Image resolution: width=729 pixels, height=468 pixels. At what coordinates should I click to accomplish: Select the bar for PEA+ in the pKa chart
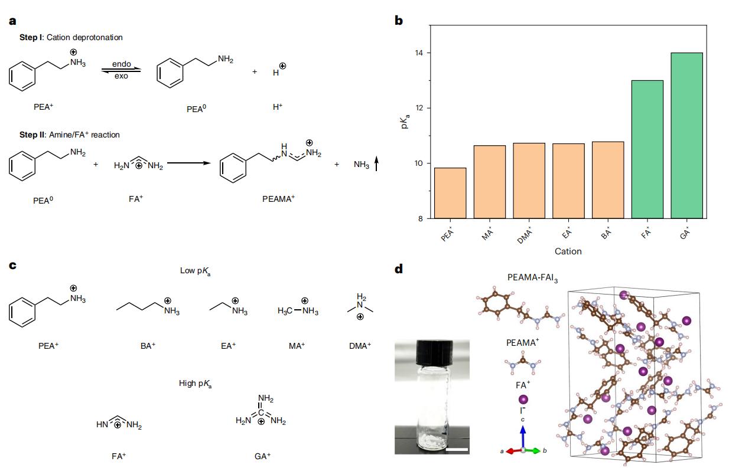pyautogui.click(x=450, y=193)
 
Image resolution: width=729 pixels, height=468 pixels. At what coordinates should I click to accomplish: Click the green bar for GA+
pyautogui.click(x=686, y=135)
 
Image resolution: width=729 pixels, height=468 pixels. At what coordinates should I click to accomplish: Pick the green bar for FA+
pyautogui.click(x=647, y=149)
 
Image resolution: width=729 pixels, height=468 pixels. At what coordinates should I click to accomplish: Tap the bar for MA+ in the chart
pyautogui.click(x=490, y=182)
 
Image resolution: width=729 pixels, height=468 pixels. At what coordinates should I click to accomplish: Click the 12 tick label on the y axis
pyautogui.click(x=419, y=108)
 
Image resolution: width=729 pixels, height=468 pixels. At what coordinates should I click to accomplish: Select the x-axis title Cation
pyautogui.click(x=568, y=251)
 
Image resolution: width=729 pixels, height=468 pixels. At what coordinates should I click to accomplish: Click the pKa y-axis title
pyautogui.click(x=405, y=122)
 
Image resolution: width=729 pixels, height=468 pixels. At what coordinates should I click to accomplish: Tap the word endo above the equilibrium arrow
pyautogui.click(x=121, y=64)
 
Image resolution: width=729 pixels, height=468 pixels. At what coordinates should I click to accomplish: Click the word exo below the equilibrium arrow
pyautogui.click(x=121, y=76)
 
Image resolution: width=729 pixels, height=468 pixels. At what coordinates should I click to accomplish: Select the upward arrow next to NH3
pyautogui.click(x=376, y=163)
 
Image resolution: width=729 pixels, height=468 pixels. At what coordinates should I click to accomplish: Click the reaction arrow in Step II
pyautogui.click(x=189, y=163)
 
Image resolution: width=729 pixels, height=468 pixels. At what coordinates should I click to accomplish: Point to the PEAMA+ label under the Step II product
pyautogui.click(x=279, y=198)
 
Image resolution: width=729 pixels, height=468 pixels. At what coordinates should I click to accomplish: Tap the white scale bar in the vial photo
pyautogui.click(x=457, y=450)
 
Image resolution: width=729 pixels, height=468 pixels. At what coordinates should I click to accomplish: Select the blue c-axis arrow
pyautogui.click(x=523, y=437)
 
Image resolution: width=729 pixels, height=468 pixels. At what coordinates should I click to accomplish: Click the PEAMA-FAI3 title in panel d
pyautogui.click(x=532, y=278)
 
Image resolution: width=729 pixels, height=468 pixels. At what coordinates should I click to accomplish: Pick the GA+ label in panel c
pyautogui.click(x=262, y=456)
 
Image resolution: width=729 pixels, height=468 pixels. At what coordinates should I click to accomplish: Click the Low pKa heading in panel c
pyautogui.click(x=196, y=271)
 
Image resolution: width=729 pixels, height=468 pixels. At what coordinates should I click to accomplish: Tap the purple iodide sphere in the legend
pyautogui.click(x=523, y=400)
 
